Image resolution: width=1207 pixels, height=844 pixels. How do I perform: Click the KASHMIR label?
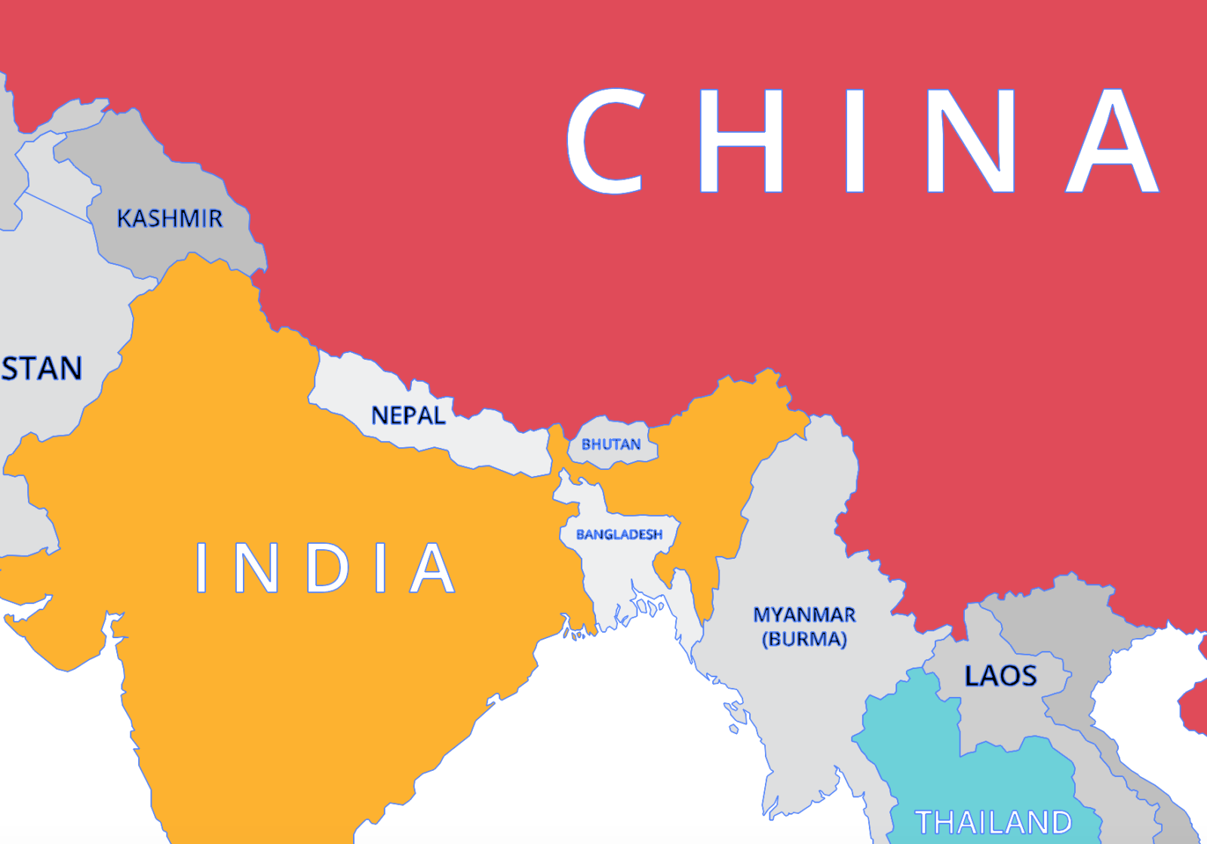170,219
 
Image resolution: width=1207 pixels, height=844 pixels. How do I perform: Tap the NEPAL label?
408,416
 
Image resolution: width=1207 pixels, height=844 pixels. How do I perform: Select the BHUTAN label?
611,445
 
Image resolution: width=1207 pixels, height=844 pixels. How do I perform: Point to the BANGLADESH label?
619,535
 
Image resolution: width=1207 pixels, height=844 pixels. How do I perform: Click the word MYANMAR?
805,615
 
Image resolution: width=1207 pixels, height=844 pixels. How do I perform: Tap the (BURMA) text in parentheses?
805,640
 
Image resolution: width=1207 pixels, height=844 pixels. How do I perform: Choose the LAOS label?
1001,676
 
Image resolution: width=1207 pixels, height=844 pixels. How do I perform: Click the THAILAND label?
994,822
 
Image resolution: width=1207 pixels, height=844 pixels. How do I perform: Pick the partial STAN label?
41,369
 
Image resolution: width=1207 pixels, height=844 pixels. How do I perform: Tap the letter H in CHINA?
742,141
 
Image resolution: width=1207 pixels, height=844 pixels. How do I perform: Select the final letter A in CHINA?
1112,141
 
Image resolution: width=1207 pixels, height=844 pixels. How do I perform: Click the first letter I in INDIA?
201,567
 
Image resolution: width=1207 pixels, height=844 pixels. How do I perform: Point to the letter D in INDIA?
328,567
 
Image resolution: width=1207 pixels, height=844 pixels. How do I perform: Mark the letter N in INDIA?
256,567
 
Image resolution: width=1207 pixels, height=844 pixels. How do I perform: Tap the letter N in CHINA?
972,141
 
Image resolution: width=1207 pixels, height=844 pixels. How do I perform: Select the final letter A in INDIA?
432,567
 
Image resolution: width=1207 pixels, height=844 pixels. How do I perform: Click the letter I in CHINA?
855,141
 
